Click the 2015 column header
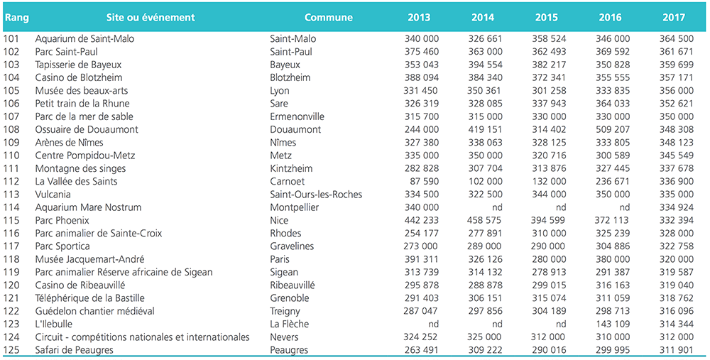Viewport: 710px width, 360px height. pyautogui.click(x=547, y=18)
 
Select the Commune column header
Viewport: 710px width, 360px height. pyautogui.click(x=328, y=18)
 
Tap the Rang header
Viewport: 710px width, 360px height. pyautogui.click(x=17, y=18)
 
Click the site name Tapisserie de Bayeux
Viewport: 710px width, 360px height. pyautogui.click(x=78, y=65)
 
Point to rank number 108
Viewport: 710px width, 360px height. pyautogui.click(x=11, y=129)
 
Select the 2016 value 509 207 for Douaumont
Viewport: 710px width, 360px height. pyautogui.click(x=613, y=129)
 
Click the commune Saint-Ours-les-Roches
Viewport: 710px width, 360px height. pyautogui.click(x=316, y=195)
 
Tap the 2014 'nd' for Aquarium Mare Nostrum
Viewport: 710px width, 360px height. pyautogui.click(x=497, y=207)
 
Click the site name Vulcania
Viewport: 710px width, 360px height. pyautogui.click(x=53, y=195)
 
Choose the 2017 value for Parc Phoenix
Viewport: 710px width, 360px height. pyautogui.click(x=677, y=221)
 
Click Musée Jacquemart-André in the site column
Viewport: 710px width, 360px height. pyautogui.click(x=89, y=259)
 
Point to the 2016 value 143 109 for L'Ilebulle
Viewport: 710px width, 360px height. pyautogui.click(x=613, y=324)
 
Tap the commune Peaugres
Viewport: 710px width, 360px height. pyautogui.click(x=289, y=351)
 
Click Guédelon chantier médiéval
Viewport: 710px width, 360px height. pyautogui.click(x=94, y=311)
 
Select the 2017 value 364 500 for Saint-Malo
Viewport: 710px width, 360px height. pyautogui.click(x=677, y=39)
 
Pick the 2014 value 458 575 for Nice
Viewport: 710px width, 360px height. pyautogui.click(x=484, y=221)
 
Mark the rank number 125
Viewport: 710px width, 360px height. pyautogui.click(x=11, y=350)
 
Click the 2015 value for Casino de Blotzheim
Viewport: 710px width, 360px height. pyautogui.click(x=549, y=77)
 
